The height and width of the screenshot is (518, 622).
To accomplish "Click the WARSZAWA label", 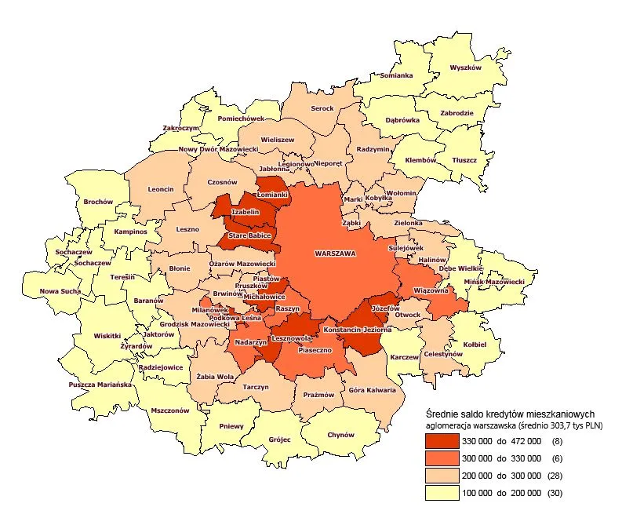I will click(335, 254).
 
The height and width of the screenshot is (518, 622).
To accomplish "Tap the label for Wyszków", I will click(464, 67).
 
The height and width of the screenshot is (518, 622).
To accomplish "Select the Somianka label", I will click(396, 75).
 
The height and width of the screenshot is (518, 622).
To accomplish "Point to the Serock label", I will click(322, 108).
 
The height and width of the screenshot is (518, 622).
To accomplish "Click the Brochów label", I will click(99, 202).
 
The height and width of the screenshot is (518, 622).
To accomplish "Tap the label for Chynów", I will click(340, 434).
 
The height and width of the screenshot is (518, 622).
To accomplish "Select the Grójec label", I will click(279, 440).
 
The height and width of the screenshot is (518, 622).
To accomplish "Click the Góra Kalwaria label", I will click(373, 389).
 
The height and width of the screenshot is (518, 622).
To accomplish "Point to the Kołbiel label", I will click(474, 344).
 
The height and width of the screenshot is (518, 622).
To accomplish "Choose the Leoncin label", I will click(160, 188).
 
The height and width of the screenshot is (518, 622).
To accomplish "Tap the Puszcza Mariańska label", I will click(100, 385).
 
